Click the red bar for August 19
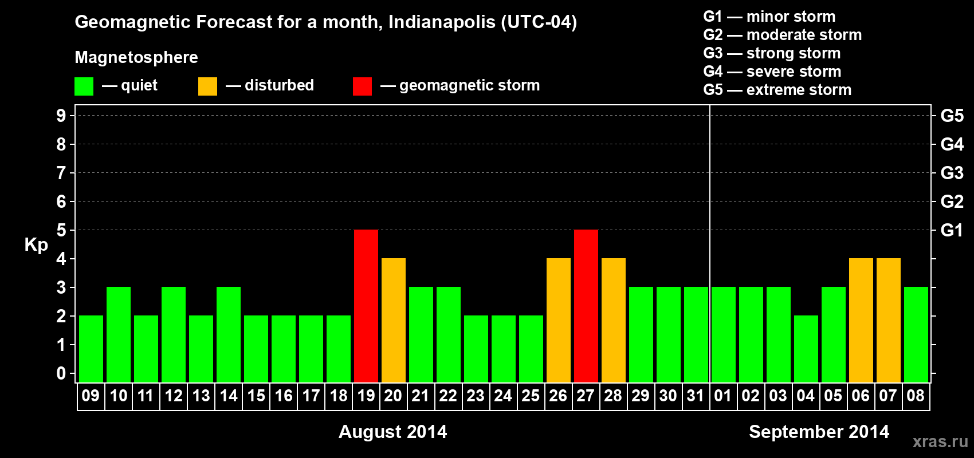(366, 306)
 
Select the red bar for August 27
(586, 306)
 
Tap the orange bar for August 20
(394, 320)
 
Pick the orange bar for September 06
(861, 320)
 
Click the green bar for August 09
(91, 349)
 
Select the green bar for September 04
(806, 349)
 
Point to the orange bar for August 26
(559, 320)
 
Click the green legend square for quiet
(84, 86)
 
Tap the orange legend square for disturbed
(207, 86)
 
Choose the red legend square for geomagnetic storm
(362, 86)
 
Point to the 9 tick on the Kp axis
(61, 116)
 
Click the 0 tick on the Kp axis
(61, 374)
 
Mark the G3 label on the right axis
(952, 173)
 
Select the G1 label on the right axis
(952, 230)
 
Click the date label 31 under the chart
(696, 396)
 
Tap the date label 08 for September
(916, 396)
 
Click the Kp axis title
(36, 245)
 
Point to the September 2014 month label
(819, 432)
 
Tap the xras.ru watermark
(940, 441)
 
